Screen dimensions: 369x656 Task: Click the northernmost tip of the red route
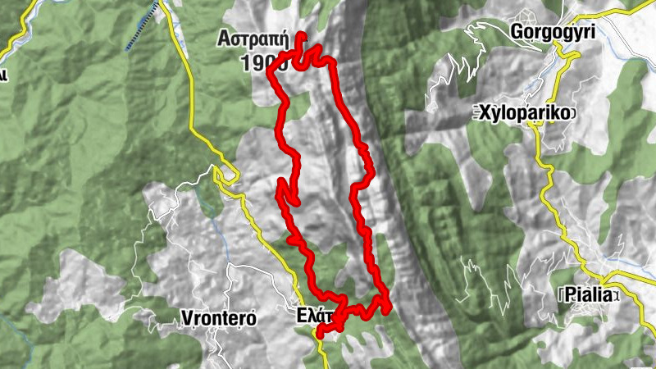pyautogui.click(x=302, y=35)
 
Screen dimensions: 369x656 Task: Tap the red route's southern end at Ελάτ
pyautogui.click(x=319, y=332)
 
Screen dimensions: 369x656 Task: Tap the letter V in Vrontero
pyautogui.click(x=186, y=318)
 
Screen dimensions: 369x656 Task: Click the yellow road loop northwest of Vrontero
pyautogui.click(x=221, y=173)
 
